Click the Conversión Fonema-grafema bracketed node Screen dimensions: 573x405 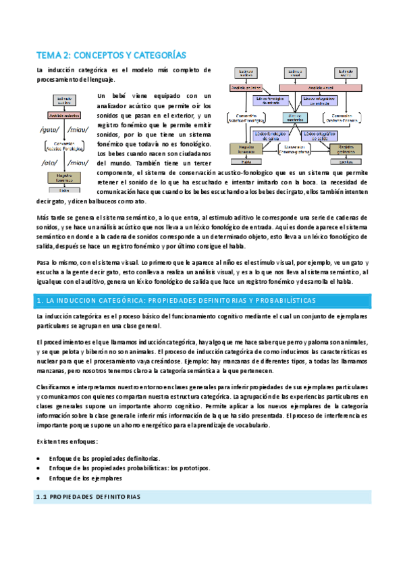click(x=294, y=148)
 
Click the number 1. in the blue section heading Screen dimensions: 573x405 click(x=40, y=300)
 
